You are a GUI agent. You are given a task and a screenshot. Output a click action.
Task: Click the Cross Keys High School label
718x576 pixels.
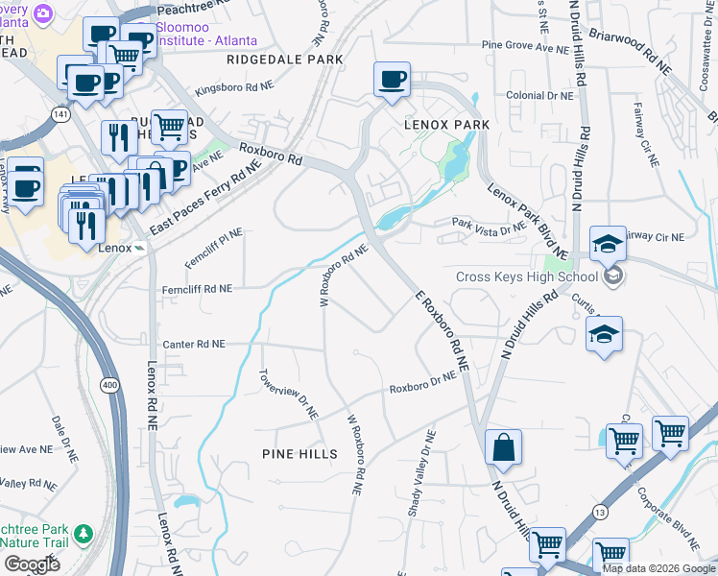pyautogui.click(x=526, y=277)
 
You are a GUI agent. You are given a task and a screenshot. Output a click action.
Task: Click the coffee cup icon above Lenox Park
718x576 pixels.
pyautogui.click(x=392, y=80)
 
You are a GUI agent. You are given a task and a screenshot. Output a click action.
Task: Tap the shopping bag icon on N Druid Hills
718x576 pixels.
pyautogui.click(x=503, y=446)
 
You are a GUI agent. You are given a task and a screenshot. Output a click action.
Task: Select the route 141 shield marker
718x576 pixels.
pyautogui.click(x=61, y=114)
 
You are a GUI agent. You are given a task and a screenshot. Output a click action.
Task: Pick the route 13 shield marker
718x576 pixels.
pyautogui.click(x=600, y=513)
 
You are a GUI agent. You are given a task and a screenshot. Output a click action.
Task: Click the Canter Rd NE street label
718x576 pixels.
pyautogui.click(x=194, y=344)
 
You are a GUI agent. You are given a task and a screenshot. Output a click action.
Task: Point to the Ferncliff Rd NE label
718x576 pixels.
pyautogui.click(x=197, y=288)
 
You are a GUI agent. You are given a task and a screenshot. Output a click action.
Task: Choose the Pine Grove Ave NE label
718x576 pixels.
pyautogui.click(x=526, y=45)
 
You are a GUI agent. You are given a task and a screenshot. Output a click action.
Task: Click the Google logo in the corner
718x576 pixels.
pyautogui.click(x=32, y=564)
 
